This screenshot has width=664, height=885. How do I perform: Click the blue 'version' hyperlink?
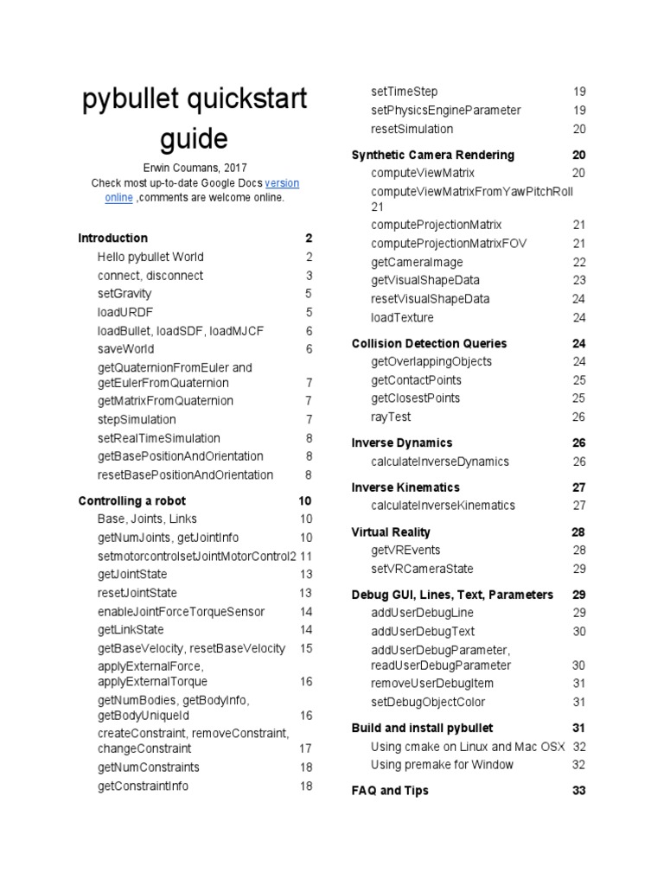[282, 183]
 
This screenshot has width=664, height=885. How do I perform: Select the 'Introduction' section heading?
[112, 238]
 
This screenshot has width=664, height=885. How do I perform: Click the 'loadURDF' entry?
[125, 312]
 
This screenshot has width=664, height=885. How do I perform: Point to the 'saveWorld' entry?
[126, 349]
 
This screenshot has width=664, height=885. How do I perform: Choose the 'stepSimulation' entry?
[137, 419]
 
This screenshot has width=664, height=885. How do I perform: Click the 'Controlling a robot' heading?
[131, 500]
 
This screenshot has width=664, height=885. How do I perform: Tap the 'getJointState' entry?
[132, 574]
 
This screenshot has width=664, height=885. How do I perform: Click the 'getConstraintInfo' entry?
[143, 786]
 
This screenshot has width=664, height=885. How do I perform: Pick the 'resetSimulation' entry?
[412, 129]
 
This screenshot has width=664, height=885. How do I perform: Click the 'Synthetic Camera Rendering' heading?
[432, 155]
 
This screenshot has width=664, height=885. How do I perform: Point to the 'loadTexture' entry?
[402, 317]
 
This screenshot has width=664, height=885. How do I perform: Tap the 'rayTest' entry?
[391, 417]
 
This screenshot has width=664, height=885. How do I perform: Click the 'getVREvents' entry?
[405, 550]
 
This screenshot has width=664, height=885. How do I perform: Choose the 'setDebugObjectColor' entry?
[428, 702]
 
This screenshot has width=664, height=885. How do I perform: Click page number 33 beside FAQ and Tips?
[578, 791]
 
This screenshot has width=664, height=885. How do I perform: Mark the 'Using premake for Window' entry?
[442, 765]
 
